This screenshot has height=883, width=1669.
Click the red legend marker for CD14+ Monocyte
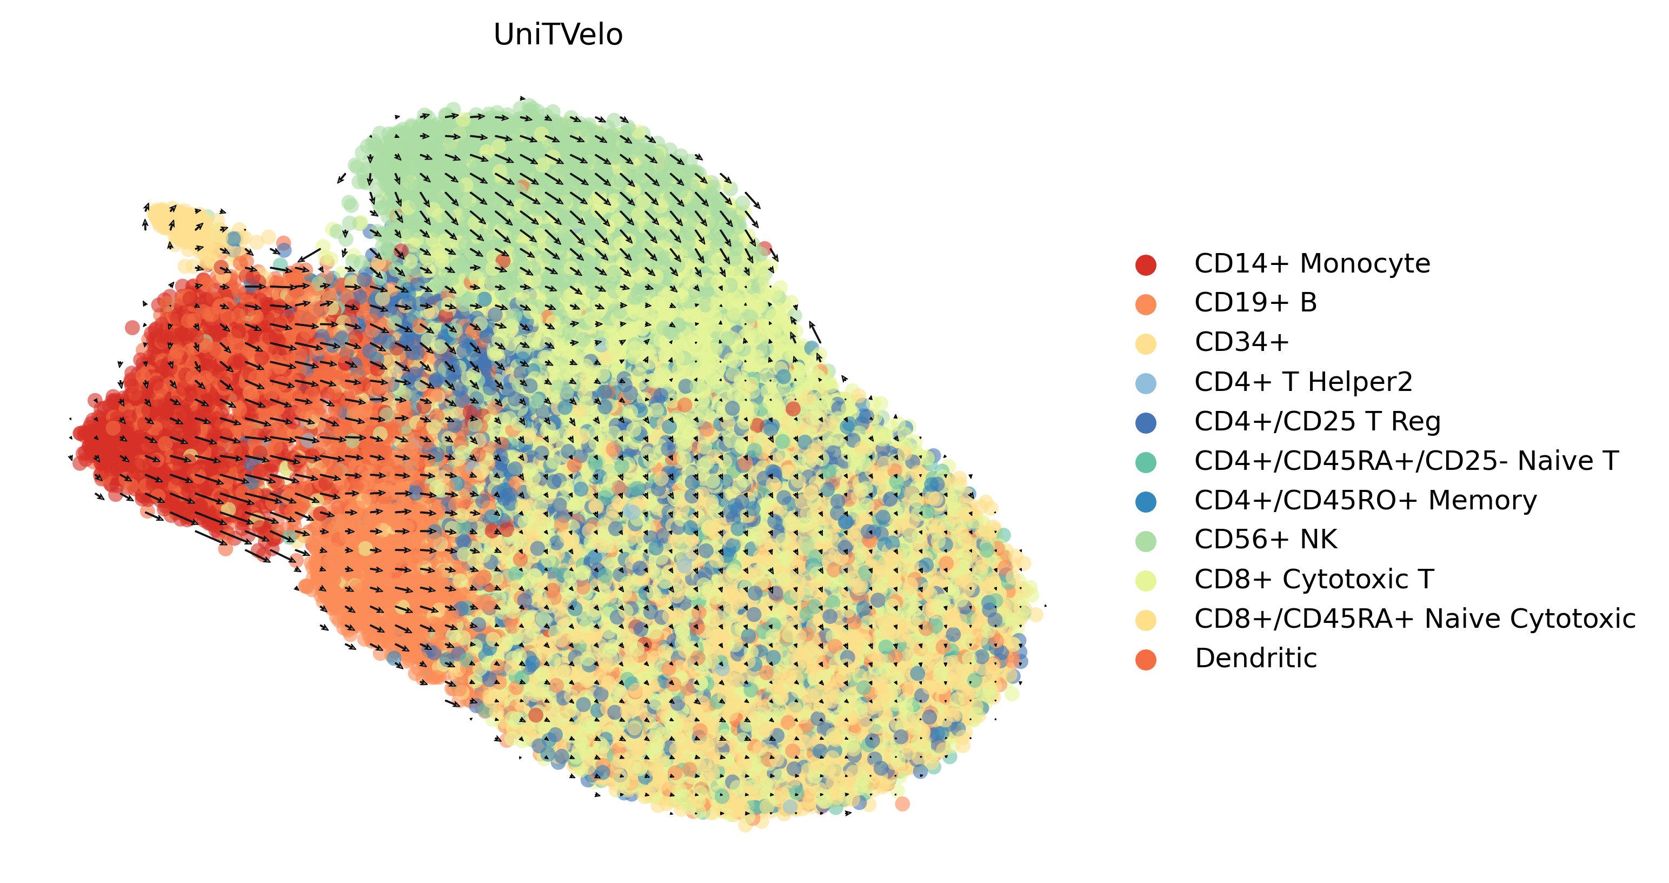(x=1146, y=265)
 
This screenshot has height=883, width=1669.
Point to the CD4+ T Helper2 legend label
(x=1304, y=382)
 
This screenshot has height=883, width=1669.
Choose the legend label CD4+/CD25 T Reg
(x=1318, y=421)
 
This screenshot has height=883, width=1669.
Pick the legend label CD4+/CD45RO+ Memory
(x=1366, y=500)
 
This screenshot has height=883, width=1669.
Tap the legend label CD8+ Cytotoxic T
(x=1314, y=579)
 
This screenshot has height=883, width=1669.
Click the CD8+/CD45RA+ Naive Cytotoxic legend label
(x=1415, y=619)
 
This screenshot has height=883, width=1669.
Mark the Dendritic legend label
(x=1255, y=658)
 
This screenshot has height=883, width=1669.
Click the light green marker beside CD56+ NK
(x=1146, y=541)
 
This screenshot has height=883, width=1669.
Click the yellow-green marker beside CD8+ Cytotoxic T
(x=1146, y=580)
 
